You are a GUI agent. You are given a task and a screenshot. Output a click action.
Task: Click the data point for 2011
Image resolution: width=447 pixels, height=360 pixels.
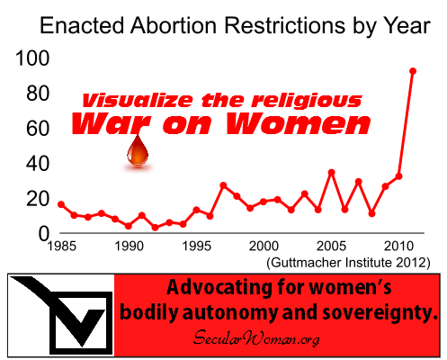[x=413, y=71]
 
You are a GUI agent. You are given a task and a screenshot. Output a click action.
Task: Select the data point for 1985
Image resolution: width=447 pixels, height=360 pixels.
[x=61, y=204]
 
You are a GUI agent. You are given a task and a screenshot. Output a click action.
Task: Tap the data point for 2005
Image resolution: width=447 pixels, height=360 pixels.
[x=331, y=173]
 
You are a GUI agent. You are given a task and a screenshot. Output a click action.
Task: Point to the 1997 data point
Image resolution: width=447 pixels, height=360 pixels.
[x=223, y=185]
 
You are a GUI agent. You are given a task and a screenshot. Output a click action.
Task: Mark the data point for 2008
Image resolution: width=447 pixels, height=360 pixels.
[x=371, y=213]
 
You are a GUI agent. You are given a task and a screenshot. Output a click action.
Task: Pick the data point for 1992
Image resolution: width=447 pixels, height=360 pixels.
[x=156, y=228]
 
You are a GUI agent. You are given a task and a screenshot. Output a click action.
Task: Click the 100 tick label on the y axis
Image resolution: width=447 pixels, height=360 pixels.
[x=32, y=58]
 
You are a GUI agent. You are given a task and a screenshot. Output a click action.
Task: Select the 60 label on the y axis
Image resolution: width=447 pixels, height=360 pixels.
[x=38, y=129]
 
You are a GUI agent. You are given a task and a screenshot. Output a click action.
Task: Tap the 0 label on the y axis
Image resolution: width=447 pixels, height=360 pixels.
[x=44, y=234]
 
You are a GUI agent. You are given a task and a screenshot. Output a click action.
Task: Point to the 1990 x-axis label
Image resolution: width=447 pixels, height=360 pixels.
[x=130, y=247]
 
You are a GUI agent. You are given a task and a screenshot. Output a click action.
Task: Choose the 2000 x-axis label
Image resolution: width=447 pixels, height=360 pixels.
[x=264, y=247]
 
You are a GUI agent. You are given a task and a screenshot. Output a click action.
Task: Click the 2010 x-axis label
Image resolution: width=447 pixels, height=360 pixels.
[x=399, y=247]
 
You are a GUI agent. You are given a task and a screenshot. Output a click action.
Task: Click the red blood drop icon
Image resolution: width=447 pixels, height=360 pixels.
[x=138, y=150]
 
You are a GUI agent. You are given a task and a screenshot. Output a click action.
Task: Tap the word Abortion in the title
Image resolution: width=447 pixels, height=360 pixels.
[x=174, y=25]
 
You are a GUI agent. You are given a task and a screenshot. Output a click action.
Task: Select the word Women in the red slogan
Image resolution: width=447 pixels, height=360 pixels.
[x=299, y=123]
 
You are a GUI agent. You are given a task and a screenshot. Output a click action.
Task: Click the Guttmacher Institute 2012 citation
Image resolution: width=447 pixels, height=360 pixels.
[x=348, y=263]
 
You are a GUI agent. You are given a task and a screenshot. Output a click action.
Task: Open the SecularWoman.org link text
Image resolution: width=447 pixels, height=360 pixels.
[x=256, y=338]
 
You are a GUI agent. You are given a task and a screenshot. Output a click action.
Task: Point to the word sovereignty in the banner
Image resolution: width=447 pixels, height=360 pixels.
[x=380, y=312]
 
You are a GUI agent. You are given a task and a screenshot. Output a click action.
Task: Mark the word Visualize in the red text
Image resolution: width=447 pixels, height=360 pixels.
[x=138, y=100]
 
